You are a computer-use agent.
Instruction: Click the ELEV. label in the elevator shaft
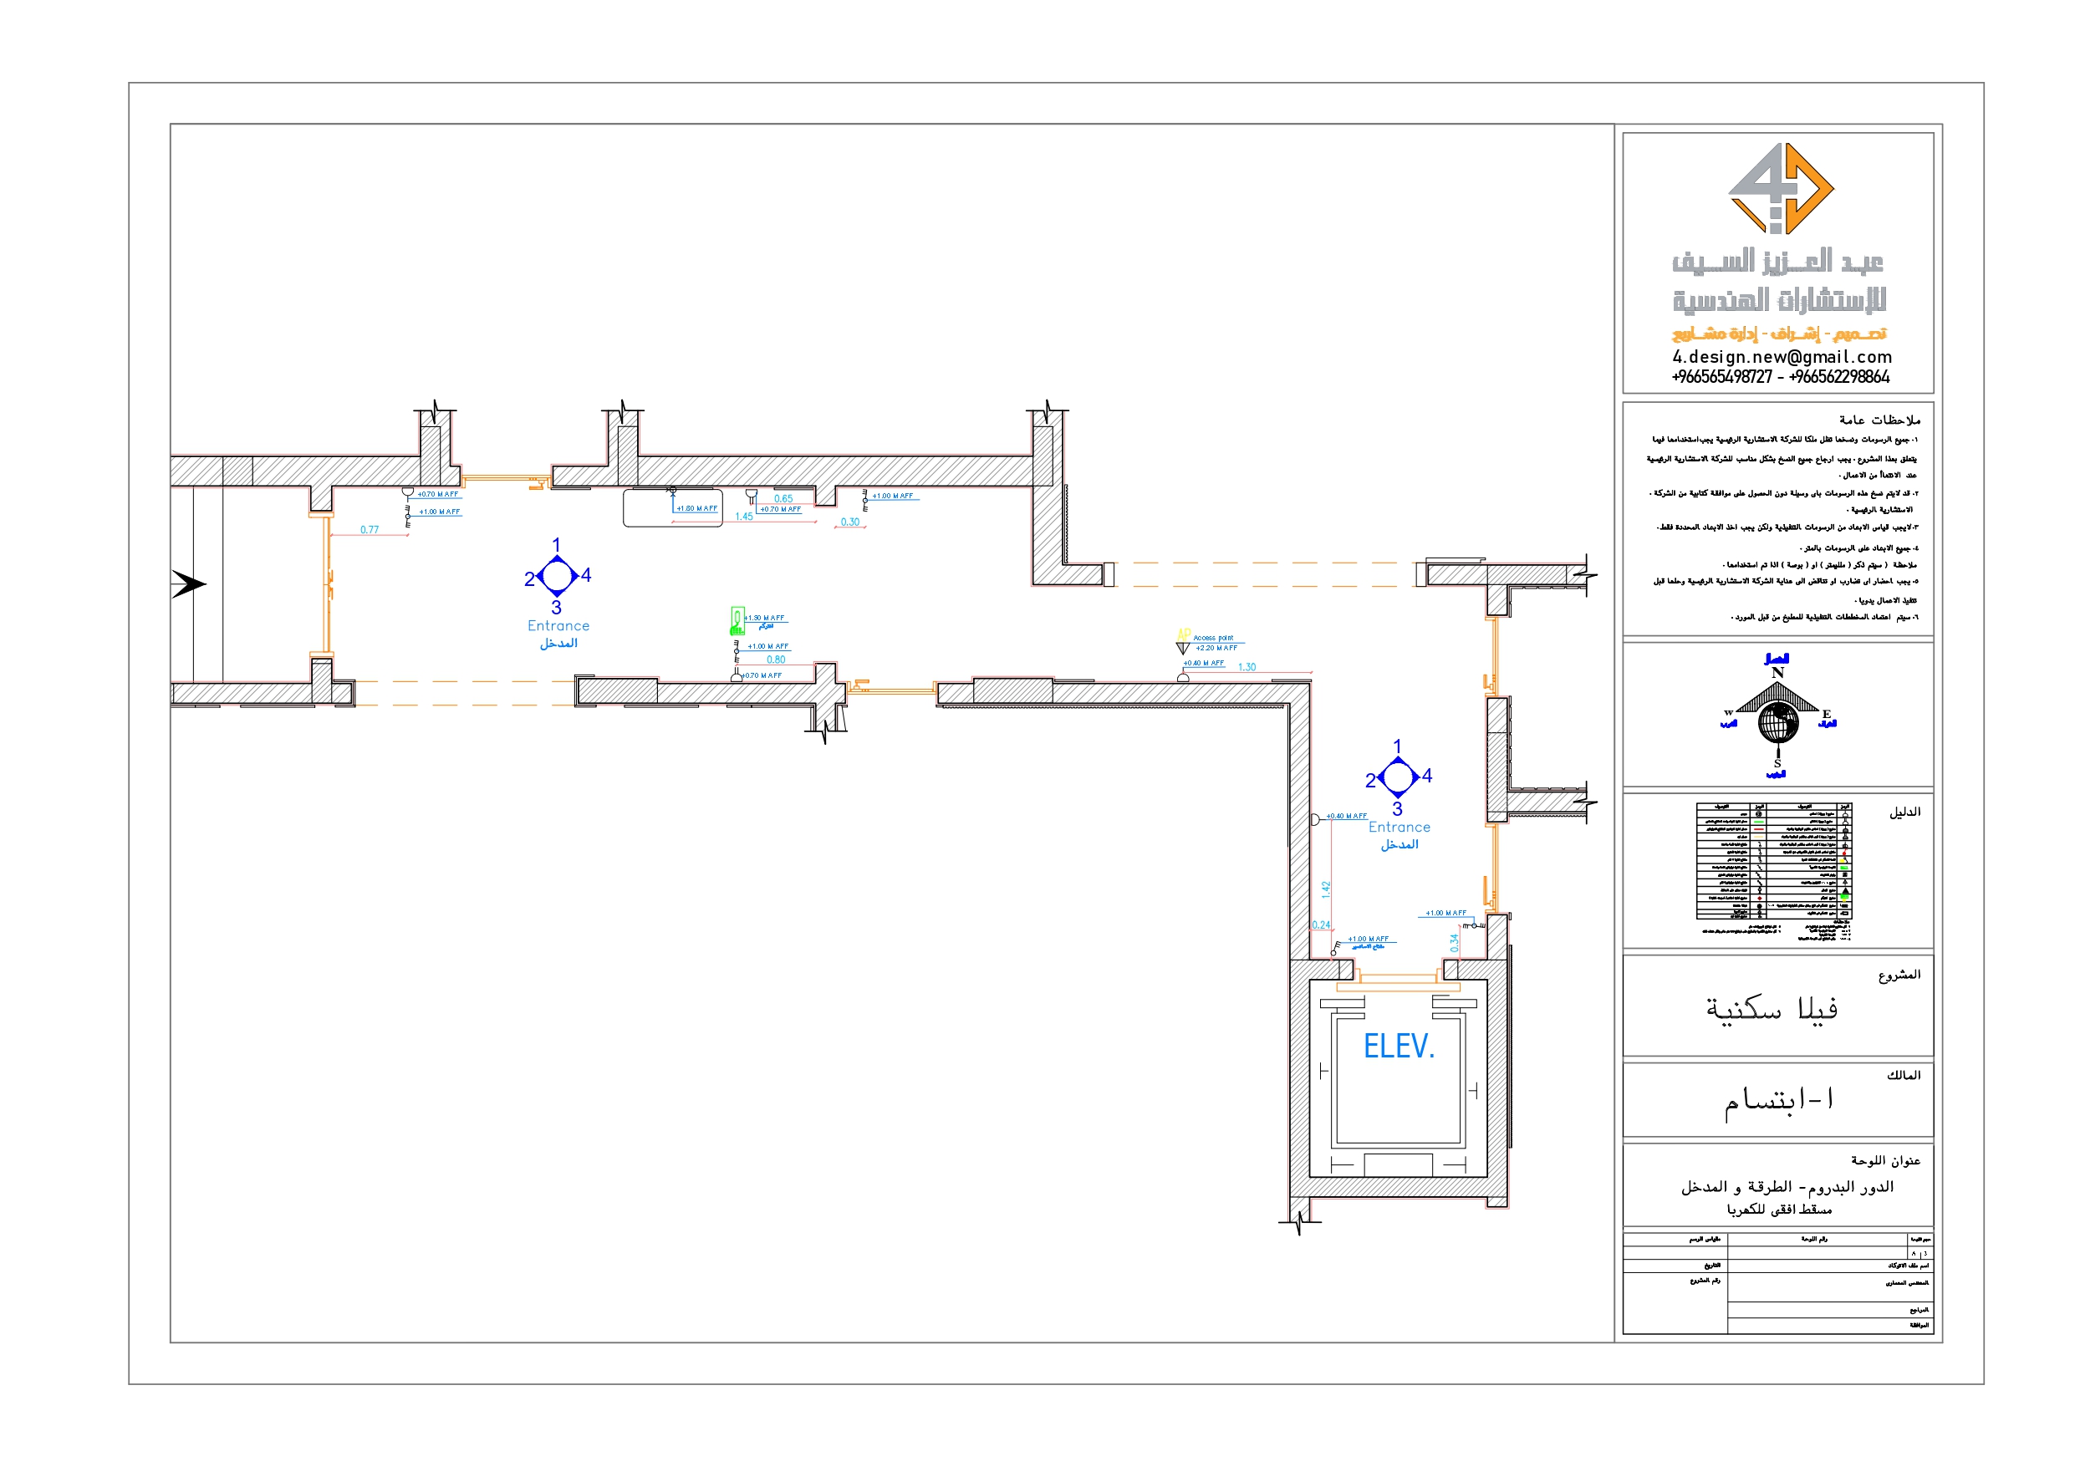[x=1398, y=1047]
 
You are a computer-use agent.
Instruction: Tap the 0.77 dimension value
[x=369, y=530]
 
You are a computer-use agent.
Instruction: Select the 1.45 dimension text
[x=744, y=517]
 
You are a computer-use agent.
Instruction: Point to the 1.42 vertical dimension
[x=1326, y=889]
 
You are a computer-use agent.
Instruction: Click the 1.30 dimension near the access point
[x=1247, y=667]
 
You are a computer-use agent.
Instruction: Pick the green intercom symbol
[x=737, y=620]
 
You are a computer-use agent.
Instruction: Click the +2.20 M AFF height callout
[x=1216, y=648]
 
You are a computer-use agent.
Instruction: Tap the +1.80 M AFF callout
[x=696, y=509]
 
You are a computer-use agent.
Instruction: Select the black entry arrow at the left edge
[x=189, y=584]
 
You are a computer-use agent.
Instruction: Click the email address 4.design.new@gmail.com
[x=1782, y=357]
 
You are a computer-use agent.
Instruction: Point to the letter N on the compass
[x=1777, y=674]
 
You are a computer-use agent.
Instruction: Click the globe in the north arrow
[x=1777, y=723]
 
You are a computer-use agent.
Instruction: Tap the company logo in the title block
[x=1781, y=188]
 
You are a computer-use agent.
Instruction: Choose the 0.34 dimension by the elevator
[x=1454, y=943]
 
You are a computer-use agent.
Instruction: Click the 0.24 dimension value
[x=1320, y=925]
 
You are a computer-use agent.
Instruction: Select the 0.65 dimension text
[x=783, y=499]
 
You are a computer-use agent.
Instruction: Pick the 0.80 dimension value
[x=776, y=660]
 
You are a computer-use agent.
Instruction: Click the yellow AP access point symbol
[x=1183, y=634]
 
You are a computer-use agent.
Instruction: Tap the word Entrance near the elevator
[x=1399, y=827]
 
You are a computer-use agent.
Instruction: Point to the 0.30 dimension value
[x=849, y=522]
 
